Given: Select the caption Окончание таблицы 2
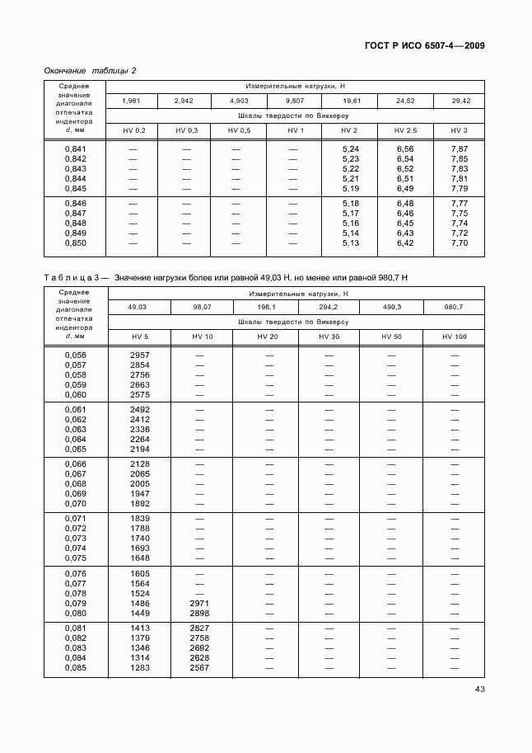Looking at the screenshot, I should pos(90,70).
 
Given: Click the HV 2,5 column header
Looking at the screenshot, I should pos(406,130).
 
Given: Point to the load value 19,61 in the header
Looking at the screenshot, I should pos(351,101).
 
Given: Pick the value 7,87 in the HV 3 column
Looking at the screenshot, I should pos(460,148).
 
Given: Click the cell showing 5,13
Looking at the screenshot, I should pos(351,243).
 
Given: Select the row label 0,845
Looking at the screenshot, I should pos(75,188).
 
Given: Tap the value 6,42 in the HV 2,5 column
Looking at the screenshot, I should pos(406,243).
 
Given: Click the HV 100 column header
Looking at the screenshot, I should pos(454,336).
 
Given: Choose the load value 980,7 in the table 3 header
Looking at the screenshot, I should pos(454,307).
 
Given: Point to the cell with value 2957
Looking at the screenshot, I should pos(140,355).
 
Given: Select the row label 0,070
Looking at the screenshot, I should pos(75,504).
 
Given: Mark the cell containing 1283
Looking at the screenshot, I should pos(140,667).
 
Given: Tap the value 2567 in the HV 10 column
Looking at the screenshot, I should pos(200,667).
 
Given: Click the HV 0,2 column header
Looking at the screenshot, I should pos(133,130).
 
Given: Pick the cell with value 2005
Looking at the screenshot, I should pos(140,484).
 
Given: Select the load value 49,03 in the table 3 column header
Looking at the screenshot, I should pos(138,307).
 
